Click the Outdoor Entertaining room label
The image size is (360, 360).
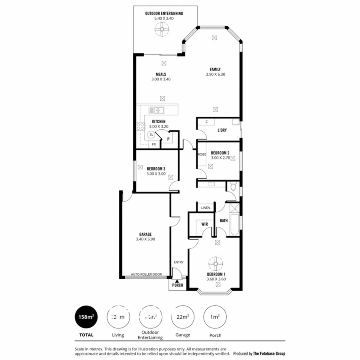point(164,14)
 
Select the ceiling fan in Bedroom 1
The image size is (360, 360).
point(215,263)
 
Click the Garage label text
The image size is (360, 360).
point(145,234)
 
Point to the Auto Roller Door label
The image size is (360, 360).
point(146,274)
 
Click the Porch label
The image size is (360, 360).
point(177,285)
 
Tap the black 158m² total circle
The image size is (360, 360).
point(86,317)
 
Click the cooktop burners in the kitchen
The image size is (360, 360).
point(141,127)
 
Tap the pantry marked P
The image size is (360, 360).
point(168,139)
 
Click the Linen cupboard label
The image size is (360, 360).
point(206,208)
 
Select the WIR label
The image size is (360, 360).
point(204,224)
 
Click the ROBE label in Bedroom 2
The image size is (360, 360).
point(201,154)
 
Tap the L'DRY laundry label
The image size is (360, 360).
point(222,130)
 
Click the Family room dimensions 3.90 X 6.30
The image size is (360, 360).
point(216,74)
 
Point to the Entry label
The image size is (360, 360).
point(178,262)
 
